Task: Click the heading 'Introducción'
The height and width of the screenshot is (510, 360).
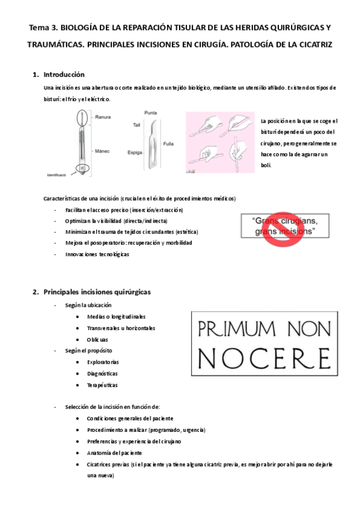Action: [x=64, y=75]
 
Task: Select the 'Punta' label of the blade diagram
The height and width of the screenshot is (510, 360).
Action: [x=151, y=112]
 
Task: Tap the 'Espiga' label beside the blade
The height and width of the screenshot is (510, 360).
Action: [x=135, y=153]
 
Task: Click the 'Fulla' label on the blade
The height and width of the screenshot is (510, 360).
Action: [x=168, y=144]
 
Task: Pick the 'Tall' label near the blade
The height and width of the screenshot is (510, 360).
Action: [x=136, y=124]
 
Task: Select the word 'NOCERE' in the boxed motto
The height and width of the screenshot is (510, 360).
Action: [x=263, y=355]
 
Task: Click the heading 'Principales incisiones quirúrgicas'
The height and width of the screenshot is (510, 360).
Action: [x=97, y=292]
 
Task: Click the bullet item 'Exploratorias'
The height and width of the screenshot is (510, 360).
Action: [x=103, y=362]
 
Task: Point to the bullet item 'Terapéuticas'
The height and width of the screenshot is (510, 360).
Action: [x=102, y=385]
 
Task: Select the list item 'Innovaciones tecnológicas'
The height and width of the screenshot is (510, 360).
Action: [x=97, y=254]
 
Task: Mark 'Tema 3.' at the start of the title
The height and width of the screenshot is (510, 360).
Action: [x=44, y=28]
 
